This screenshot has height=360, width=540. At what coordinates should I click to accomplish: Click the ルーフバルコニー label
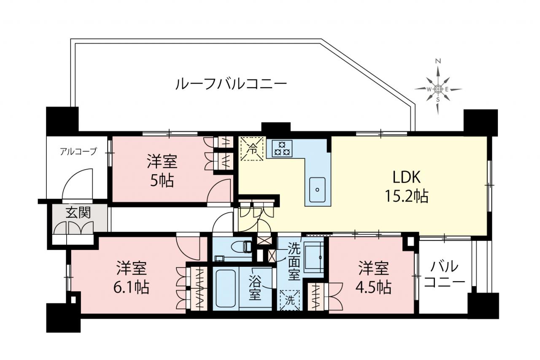231,84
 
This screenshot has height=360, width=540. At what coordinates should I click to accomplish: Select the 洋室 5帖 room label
162,171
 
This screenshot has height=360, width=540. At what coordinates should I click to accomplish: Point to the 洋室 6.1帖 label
132,277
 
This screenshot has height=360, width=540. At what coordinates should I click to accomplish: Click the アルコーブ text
78,152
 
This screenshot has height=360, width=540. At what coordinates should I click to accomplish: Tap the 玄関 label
78,212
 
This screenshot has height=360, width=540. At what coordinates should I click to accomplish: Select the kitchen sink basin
317,190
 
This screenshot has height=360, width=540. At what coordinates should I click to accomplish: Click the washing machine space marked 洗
289,300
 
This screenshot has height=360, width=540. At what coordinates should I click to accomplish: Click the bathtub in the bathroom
226,288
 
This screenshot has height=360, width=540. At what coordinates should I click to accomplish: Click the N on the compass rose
438,61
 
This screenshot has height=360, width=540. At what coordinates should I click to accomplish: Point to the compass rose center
438,89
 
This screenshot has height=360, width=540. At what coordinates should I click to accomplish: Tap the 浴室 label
255,288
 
